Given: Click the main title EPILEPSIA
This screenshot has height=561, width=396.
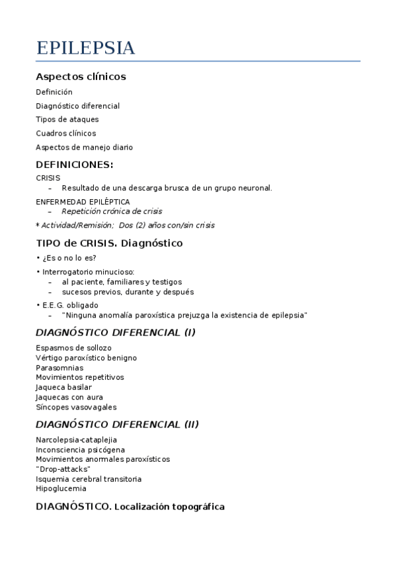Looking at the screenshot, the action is [x=85, y=48].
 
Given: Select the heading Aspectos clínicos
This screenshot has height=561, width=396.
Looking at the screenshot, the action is [x=81, y=77].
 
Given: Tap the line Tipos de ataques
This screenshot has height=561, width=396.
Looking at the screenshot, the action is [x=67, y=120].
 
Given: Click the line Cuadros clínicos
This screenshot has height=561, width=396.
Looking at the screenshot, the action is [x=66, y=134].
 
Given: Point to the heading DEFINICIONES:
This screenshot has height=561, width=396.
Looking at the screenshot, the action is [x=75, y=165].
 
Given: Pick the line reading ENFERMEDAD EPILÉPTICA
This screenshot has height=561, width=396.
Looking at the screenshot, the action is [x=83, y=202].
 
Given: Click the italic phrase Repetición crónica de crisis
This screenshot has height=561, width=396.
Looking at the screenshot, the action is [x=112, y=212].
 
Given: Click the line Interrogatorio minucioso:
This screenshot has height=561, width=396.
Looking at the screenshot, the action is [x=89, y=272].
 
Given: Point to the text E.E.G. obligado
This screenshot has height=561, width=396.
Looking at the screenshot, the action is [x=70, y=306].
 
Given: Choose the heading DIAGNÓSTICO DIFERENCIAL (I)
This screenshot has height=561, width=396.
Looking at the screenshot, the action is [x=116, y=332].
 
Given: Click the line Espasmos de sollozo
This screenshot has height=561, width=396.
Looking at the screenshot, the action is [x=73, y=348].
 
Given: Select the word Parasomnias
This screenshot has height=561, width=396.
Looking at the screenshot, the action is [x=59, y=368].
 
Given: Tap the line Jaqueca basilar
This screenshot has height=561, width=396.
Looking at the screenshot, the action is [x=64, y=388].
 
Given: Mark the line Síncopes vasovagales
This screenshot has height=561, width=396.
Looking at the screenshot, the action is [x=76, y=408].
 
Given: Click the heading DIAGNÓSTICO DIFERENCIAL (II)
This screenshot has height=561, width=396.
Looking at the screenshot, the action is [x=117, y=424].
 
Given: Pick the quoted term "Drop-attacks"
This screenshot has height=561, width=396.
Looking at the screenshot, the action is [x=63, y=469].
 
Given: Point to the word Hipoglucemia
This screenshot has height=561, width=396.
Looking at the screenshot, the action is [x=61, y=489].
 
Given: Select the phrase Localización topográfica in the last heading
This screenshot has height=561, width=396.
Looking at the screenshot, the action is [x=169, y=507].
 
